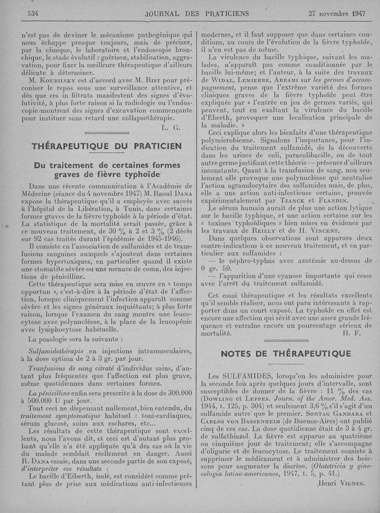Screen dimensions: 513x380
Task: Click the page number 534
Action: pyautogui.click(x=33, y=13)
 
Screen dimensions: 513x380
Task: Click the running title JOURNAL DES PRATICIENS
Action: pyautogui.click(x=197, y=13)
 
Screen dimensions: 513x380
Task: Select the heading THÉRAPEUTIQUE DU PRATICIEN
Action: pyautogui.click(x=106, y=146)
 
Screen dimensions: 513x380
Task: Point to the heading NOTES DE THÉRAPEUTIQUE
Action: pyautogui.click(x=286, y=353)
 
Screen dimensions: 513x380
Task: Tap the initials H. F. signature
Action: pyautogui.click(x=351, y=333)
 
